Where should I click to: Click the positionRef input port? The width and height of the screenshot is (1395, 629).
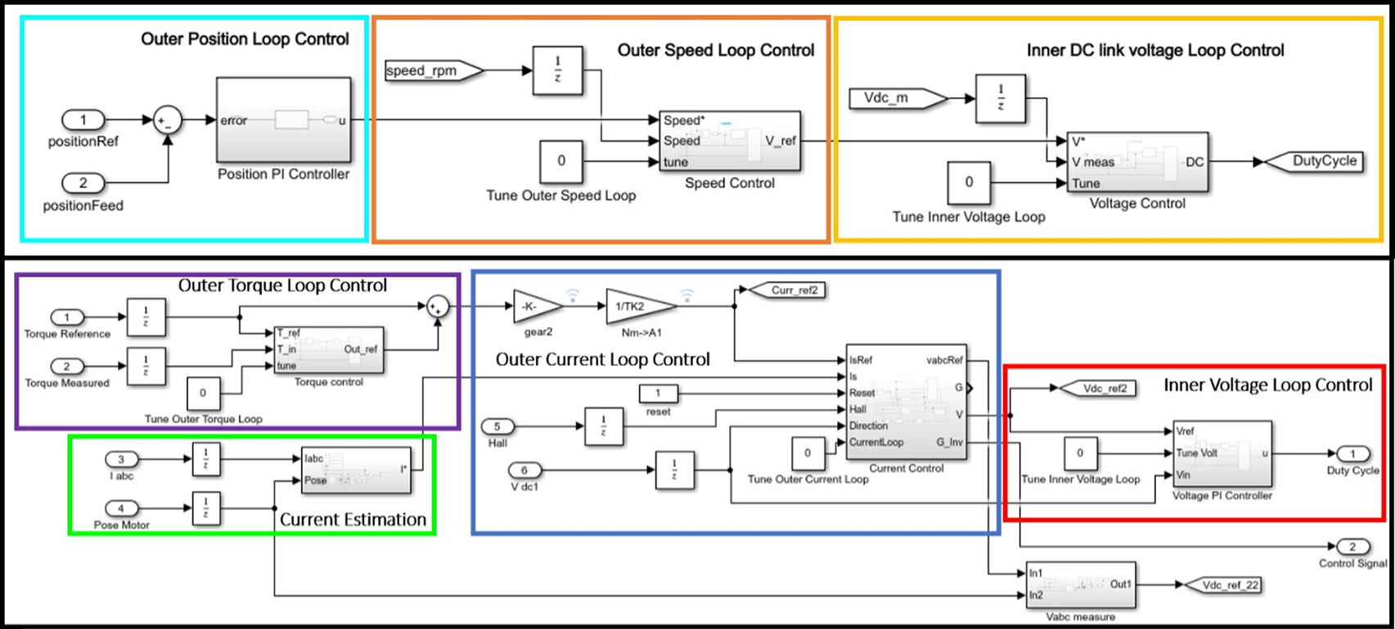point(83,120)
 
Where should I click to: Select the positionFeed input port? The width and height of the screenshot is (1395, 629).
point(83,182)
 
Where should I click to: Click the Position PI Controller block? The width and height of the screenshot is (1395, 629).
point(283,120)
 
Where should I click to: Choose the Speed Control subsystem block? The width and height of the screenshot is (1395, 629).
point(729,141)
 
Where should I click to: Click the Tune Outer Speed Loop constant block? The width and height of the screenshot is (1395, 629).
point(561,161)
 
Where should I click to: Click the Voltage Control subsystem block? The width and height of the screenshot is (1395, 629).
point(1137,162)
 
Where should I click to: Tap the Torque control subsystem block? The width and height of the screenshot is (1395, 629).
point(329,349)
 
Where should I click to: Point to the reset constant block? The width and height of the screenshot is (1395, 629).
point(657,393)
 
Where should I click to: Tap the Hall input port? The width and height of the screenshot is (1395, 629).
point(497,426)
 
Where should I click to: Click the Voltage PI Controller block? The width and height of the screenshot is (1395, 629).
point(1222,454)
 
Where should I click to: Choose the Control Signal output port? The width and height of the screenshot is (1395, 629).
point(1352,546)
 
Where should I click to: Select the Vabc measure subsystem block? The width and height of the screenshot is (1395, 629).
point(1080,585)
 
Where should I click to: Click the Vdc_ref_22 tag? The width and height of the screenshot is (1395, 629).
point(1225,585)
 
